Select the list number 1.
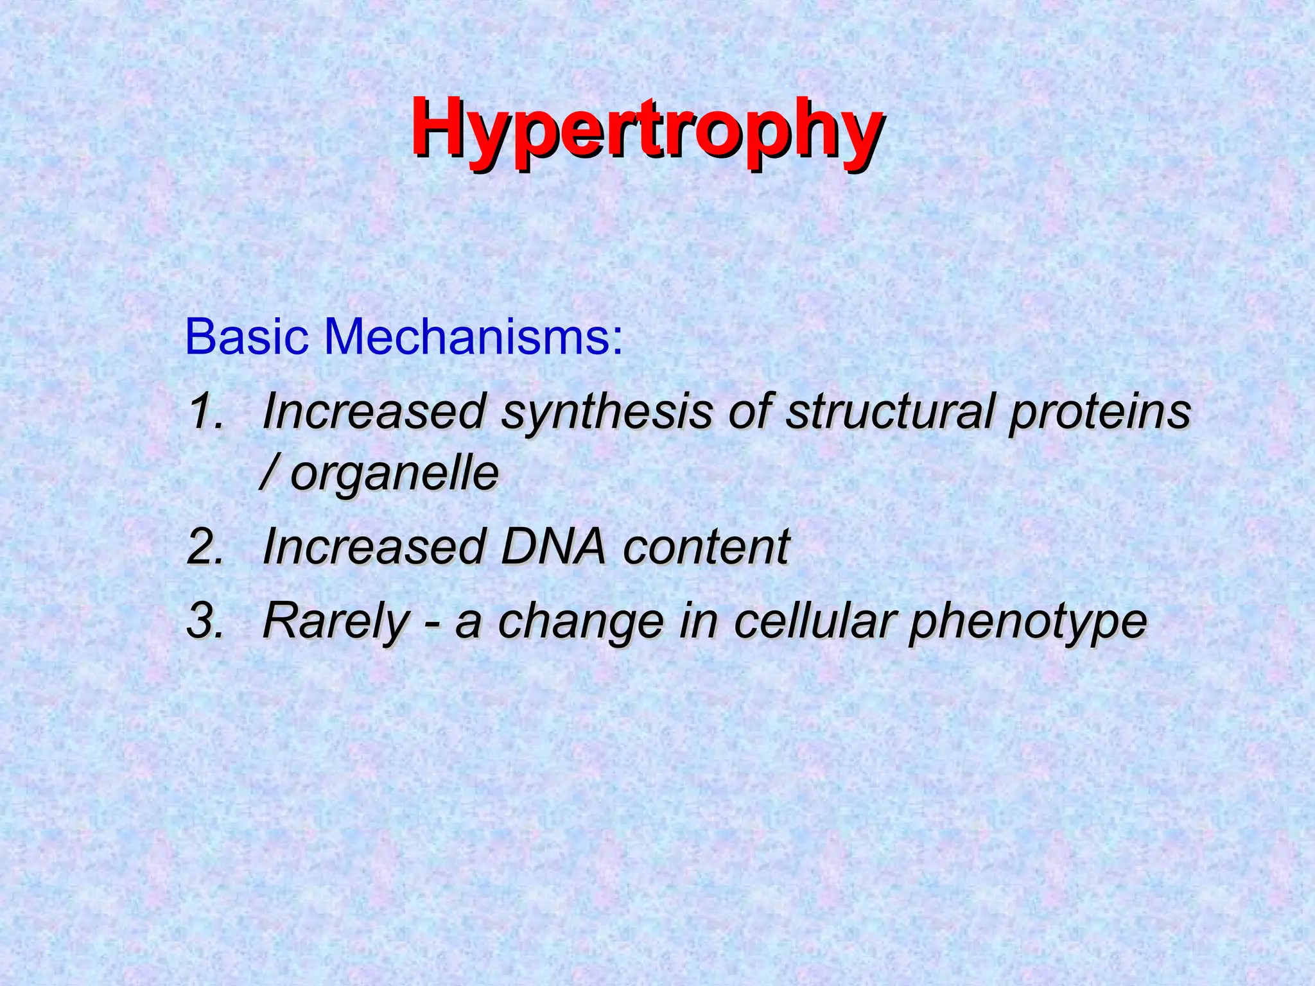pyautogui.click(x=205, y=411)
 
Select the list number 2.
pyautogui.click(x=205, y=547)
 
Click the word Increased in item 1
pyautogui.click(x=372, y=411)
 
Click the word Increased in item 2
pyautogui.click(x=372, y=547)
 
